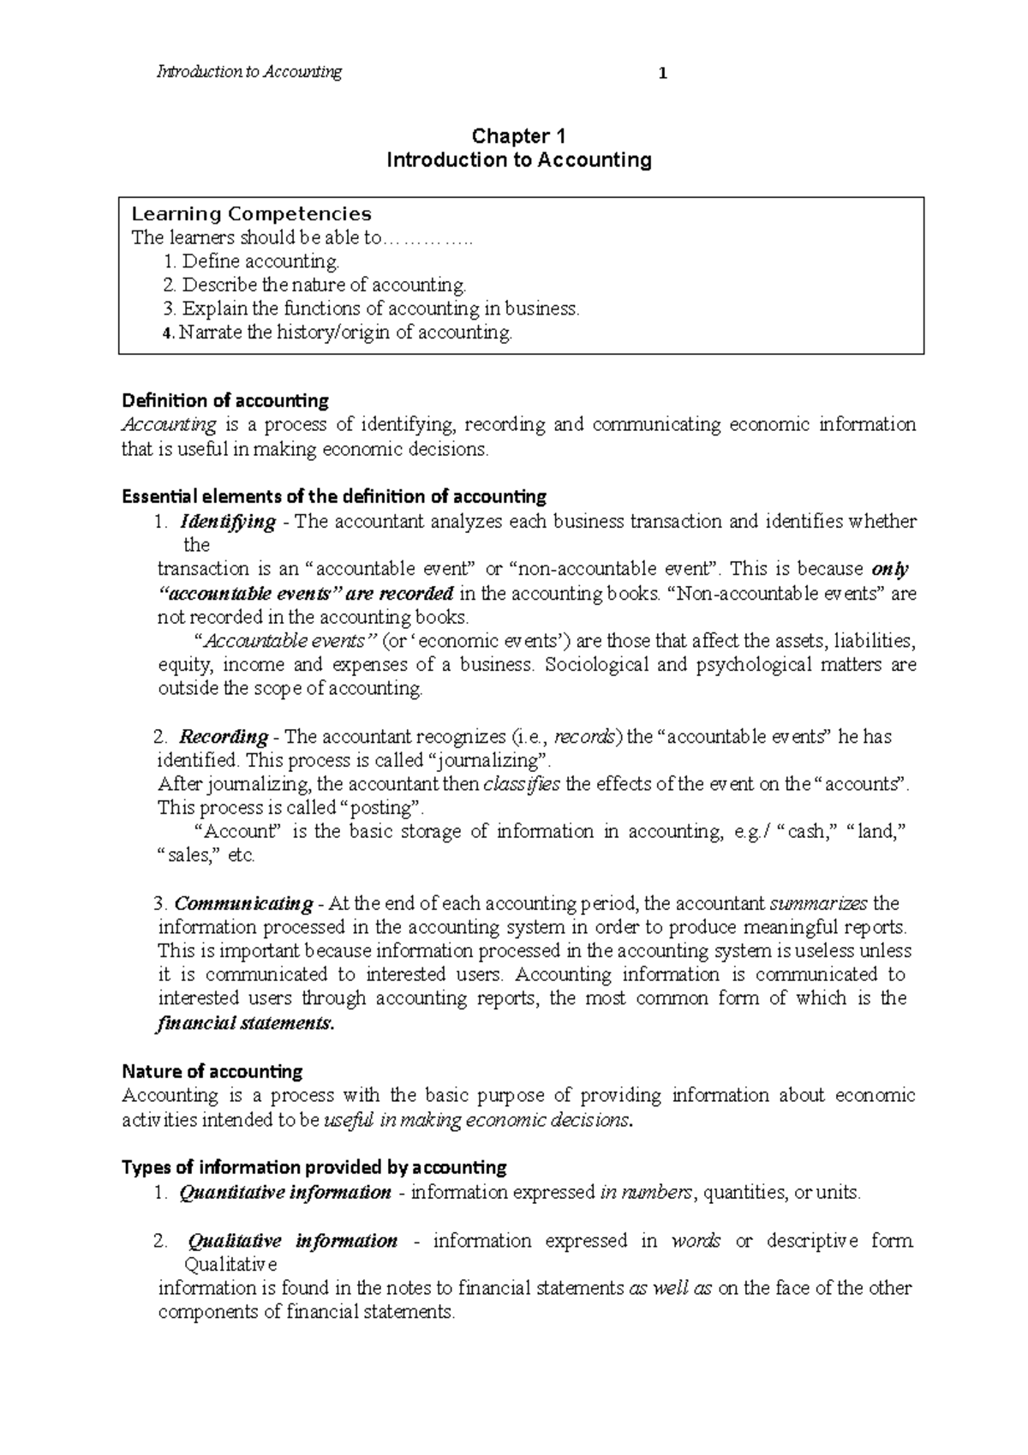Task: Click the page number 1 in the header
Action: point(661,74)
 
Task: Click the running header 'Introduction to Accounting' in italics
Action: point(249,72)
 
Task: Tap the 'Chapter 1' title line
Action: point(519,136)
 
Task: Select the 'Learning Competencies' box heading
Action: point(250,213)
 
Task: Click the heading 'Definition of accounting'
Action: point(225,400)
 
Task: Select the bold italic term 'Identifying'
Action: point(227,521)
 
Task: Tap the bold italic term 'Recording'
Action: point(224,736)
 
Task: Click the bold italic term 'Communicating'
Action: point(244,903)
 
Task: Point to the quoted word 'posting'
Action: point(382,807)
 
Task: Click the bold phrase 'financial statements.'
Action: point(245,1023)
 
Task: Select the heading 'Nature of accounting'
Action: point(212,1071)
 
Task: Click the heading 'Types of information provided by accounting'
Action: point(314,1167)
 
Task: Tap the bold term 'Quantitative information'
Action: point(285,1192)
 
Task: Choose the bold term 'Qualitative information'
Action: point(292,1240)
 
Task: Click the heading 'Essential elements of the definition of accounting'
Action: point(334,496)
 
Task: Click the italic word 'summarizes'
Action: point(819,903)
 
